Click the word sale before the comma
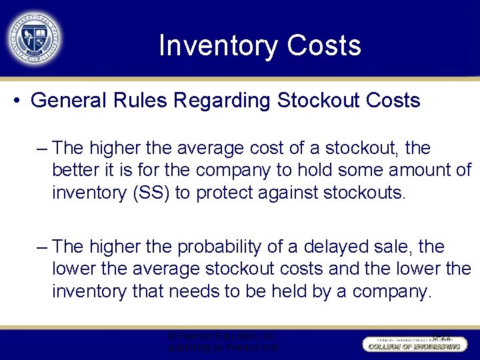(x=397, y=247)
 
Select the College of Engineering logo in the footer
(x=412, y=345)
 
